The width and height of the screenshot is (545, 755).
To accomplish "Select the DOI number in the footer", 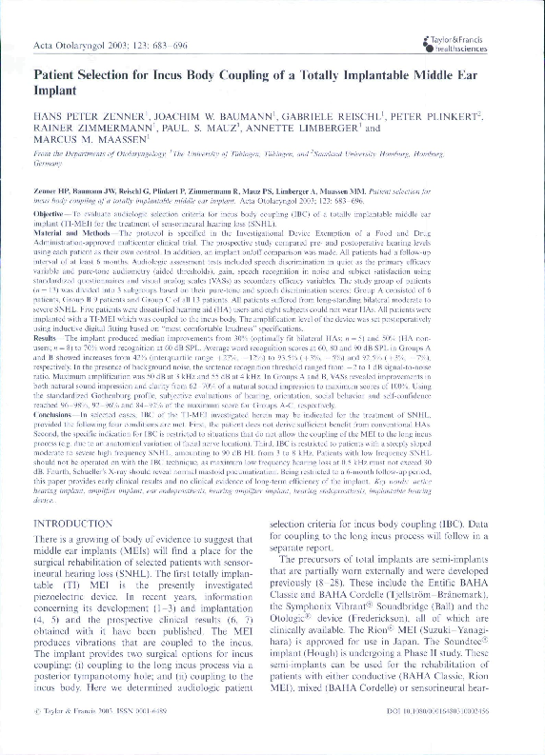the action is click(x=456, y=736).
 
